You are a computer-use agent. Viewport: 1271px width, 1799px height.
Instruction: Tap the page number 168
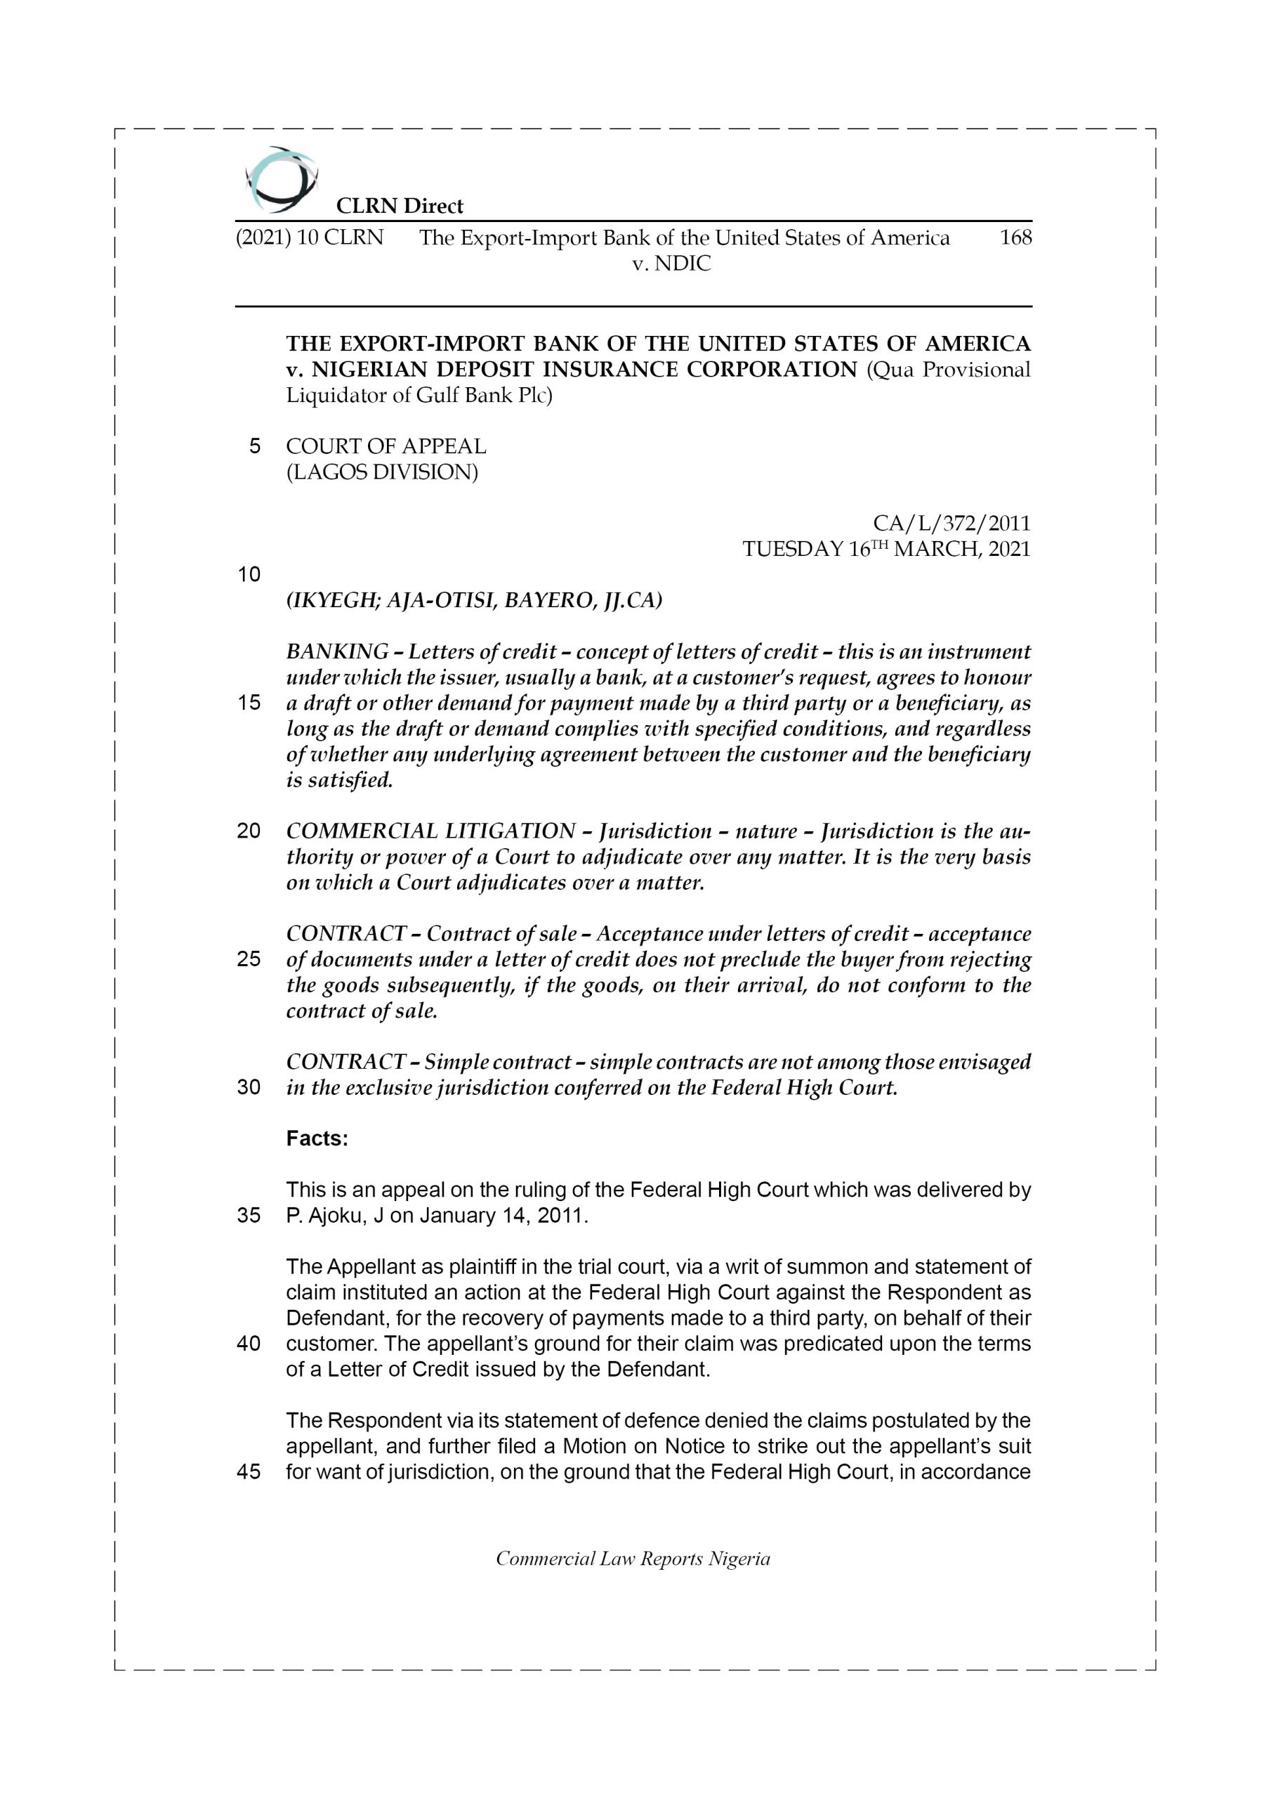pyautogui.click(x=1015, y=238)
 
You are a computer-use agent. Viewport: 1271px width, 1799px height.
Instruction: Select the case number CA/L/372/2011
pyautogui.click(x=951, y=523)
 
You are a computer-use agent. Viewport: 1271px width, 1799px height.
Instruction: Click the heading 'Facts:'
pyautogui.click(x=317, y=1138)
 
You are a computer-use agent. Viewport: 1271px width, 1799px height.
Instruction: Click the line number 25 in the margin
pyautogui.click(x=249, y=959)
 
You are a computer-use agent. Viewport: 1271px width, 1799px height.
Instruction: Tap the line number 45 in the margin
pyautogui.click(x=249, y=1472)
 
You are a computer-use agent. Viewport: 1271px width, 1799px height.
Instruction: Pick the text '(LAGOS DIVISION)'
pyautogui.click(x=381, y=472)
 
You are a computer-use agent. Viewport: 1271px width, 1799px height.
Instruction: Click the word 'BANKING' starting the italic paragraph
pyautogui.click(x=337, y=652)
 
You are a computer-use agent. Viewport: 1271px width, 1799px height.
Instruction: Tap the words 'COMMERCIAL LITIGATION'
pyautogui.click(x=430, y=831)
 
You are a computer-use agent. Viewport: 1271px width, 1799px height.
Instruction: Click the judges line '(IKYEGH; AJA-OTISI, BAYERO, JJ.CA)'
pyautogui.click(x=474, y=601)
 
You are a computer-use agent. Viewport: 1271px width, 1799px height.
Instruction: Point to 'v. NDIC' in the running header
pyautogui.click(x=671, y=264)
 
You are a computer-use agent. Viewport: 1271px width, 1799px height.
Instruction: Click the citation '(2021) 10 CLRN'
pyautogui.click(x=310, y=238)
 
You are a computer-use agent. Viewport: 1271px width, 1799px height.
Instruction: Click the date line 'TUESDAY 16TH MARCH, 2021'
pyautogui.click(x=885, y=548)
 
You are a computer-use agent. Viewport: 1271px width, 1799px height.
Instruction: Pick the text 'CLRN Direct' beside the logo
pyautogui.click(x=400, y=206)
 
